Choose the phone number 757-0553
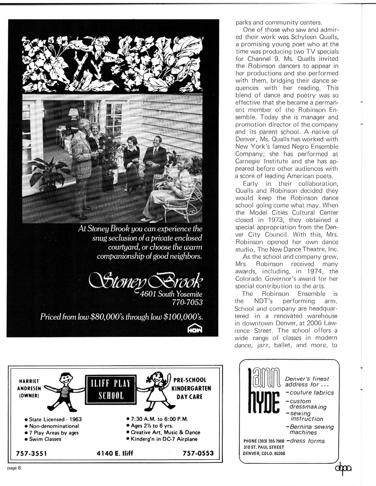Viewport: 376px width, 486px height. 197,453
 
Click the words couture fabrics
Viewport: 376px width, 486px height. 312,392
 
